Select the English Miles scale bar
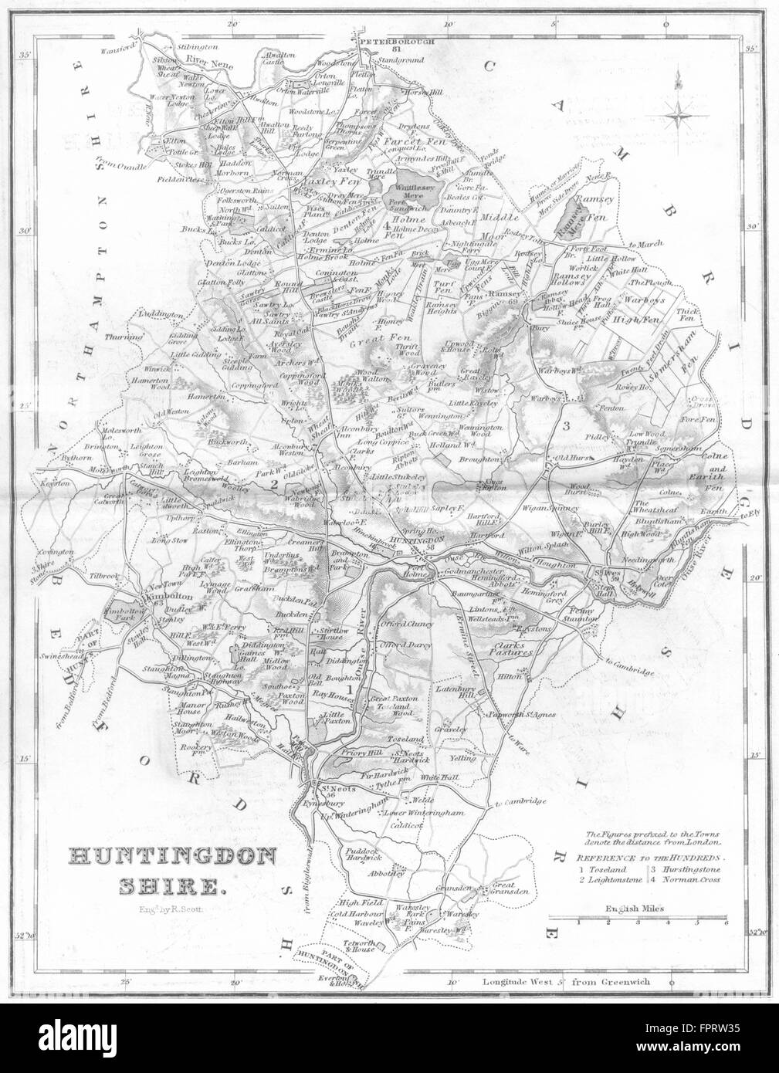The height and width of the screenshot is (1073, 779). point(638,917)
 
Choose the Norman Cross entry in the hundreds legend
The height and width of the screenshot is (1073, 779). point(689,878)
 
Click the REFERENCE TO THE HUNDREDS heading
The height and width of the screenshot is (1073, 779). point(652,857)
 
